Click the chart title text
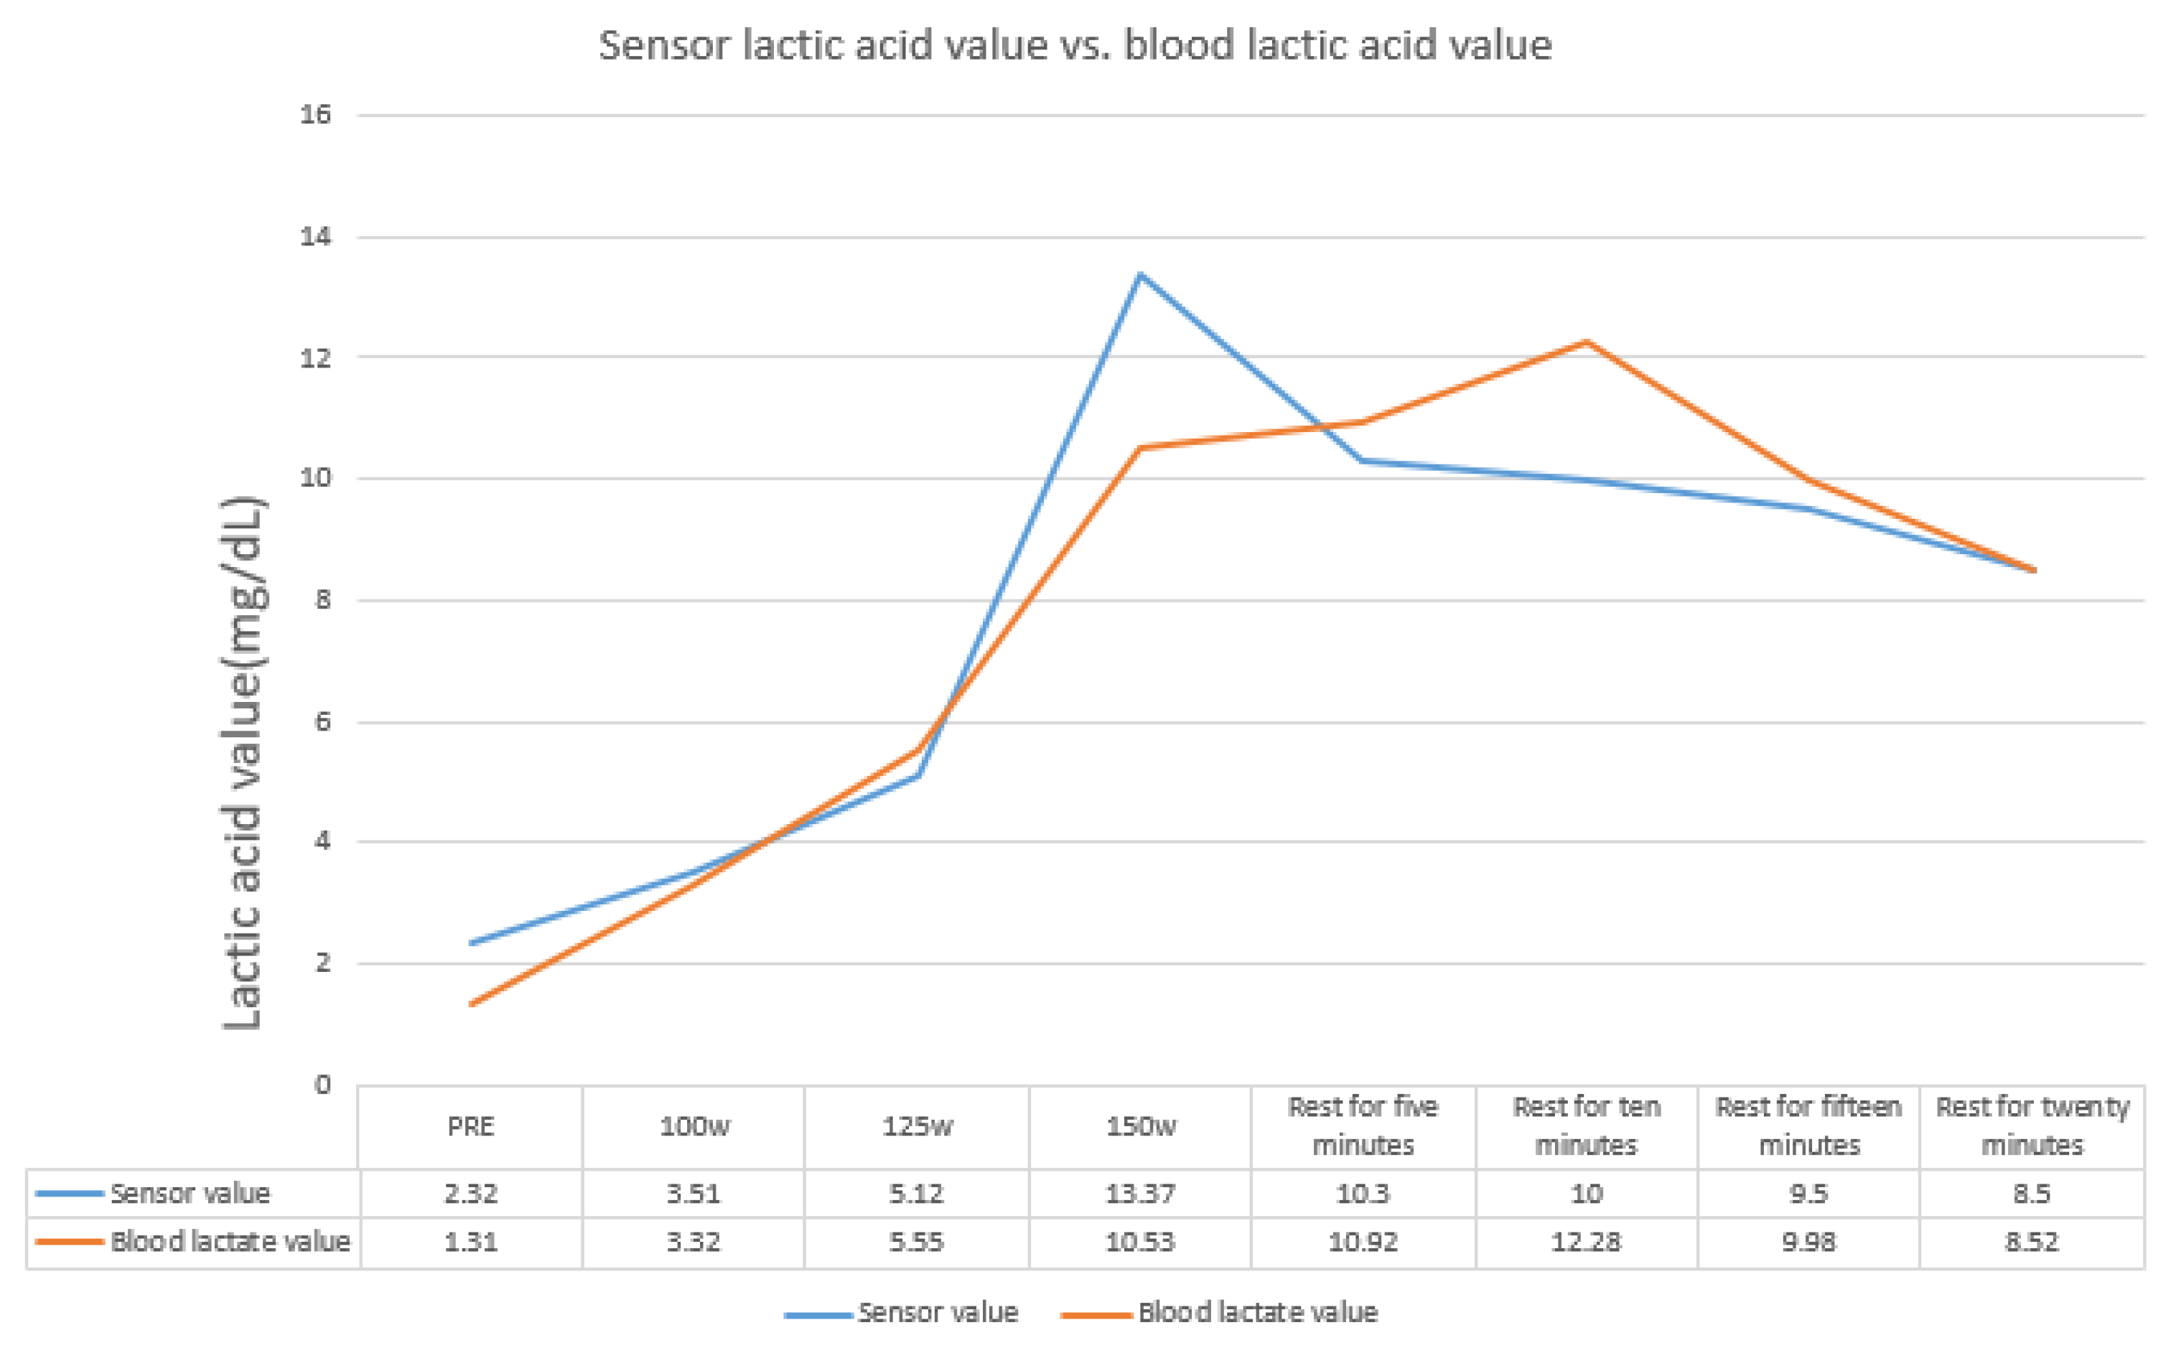click(x=1074, y=45)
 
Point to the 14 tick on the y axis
click(x=316, y=237)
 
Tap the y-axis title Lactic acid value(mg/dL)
click(x=243, y=762)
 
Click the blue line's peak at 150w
click(x=1140, y=275)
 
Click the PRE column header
click(x=471, y=1127)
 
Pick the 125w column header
click(x=918, y=1127)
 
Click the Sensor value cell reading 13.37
click(x=1140, y=1194)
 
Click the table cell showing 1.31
click(x=471, y=1242)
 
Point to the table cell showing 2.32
click(x=471, y=1194)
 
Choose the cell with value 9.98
click(x=1809, y=1242)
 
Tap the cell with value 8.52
click(x=2032, y=1242)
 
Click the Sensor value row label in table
click(x=190, y=1194)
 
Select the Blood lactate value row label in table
click(x=230, y=1242)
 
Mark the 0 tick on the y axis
click(x=322, y=1085)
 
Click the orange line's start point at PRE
click(x=472, y=1005)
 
